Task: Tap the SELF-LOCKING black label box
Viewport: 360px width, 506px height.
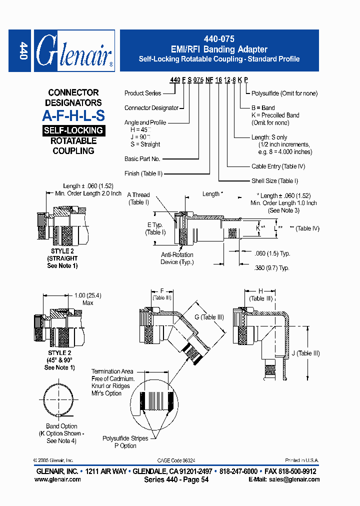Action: (x=73, y=130)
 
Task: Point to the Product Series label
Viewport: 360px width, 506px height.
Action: (x=142, y=93)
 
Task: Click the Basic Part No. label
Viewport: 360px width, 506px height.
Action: (x=142, y=159)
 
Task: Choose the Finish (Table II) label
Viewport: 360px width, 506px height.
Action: (x=143, y=174)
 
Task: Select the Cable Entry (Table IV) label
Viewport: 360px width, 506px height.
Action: (x=278, y=166)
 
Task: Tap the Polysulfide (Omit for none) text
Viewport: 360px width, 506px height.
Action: (x=284, y=93)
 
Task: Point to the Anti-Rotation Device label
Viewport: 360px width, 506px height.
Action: (x=177, y=258)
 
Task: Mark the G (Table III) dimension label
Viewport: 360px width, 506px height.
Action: (x=209, y=317)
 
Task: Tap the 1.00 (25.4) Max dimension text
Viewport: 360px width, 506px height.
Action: (x=87, y=299)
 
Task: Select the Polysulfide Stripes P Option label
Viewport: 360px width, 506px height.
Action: (x=125, y=442)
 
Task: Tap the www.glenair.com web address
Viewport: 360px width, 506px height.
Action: (x=57, y=479)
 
